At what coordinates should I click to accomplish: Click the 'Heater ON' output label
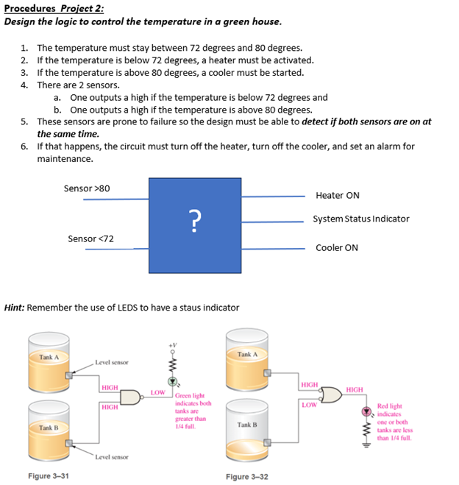[x=337, y=195]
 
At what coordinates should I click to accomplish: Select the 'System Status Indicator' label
[x=360, y=219]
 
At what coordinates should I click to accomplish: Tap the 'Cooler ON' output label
[x=337, y=247]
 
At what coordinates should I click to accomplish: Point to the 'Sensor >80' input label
[x=87, y=188]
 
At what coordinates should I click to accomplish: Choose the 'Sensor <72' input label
[x=90, y=238]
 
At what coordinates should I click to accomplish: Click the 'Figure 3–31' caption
[x=49, y=476]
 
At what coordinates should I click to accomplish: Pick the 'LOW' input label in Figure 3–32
[x=308, y=404]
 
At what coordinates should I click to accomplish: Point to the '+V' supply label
[x=173, y=345]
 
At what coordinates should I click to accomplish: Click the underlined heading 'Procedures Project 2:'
[x=54, y=8]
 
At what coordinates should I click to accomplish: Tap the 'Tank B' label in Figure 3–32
[x=247, y=425]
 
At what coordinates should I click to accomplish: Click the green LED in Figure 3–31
[x=174, y=382]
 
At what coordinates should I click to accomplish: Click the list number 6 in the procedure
[x=24, y=146]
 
